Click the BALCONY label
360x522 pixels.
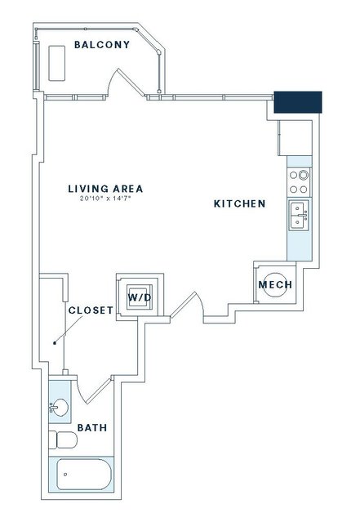point(102,45)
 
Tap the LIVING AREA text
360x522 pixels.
point(105,189)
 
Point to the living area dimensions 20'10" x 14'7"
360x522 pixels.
point(105,199)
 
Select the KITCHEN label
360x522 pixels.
point(239,203)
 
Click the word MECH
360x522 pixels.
point(275,284)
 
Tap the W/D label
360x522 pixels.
point(140,297)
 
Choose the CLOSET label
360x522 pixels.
point(91,310)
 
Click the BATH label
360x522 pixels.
point(92,427)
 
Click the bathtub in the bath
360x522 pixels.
point(84,475)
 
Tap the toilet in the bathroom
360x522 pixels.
point(63,440)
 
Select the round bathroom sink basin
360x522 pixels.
point(60,407)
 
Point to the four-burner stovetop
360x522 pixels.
point(299,182)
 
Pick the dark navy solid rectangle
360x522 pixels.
point(298,102)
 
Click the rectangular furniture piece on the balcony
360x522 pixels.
point(56,63)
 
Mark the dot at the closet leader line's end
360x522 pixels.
point(55,343)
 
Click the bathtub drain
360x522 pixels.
point(65,475)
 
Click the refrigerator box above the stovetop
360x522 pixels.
point(296,138)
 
